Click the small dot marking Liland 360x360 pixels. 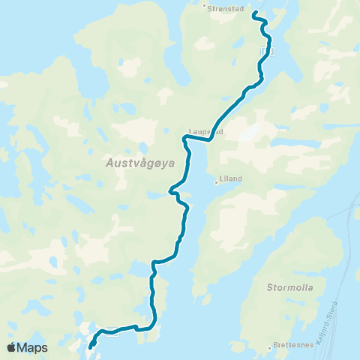(x=216, y=181)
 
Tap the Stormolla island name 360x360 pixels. (x=289, y=286)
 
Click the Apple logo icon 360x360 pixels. (x=11, y=347)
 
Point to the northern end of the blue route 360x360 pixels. (x=253, y=13)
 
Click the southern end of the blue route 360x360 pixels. (x=91, y=347)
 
